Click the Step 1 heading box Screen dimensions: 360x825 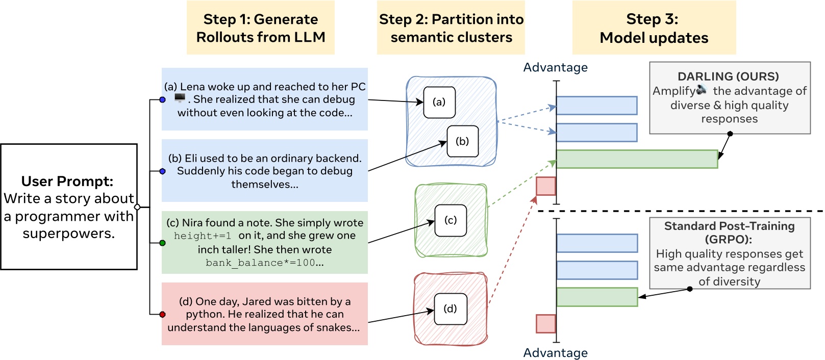point(260,28)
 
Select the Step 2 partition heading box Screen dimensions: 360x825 point(451,28)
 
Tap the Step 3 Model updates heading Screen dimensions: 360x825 point(654,28)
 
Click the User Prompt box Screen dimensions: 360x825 point(69,207)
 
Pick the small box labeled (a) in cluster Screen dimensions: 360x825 point(439,102)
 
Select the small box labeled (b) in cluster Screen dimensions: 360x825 point(462,141)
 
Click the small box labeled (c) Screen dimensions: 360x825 point(451,220)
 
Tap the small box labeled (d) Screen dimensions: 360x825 point(450,309)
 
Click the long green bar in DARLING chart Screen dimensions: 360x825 point(637,159)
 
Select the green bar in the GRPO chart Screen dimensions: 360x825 point(597,297)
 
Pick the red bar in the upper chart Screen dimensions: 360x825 point(546,186)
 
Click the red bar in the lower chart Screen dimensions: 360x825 point(546,324)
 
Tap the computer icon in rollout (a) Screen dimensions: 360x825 point(180,98)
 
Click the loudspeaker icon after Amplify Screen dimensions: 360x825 point(703,90)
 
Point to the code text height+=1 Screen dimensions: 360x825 point(203,236)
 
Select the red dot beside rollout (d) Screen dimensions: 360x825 point(163,315)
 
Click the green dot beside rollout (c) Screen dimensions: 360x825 point(163,243)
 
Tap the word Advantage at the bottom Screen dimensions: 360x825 point(555,353)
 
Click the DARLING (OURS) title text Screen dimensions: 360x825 point(728,76)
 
